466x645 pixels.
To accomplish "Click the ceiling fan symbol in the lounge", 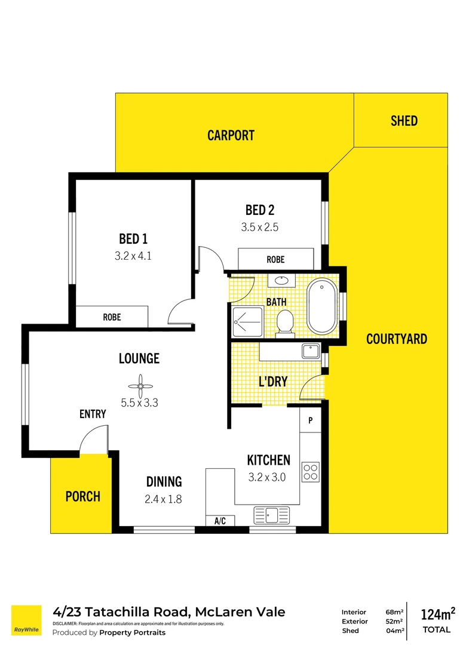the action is (x=140, y=386).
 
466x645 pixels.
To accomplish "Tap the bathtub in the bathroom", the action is (x=322, y=306).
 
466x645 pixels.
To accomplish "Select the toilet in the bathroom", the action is (x=285, y=324).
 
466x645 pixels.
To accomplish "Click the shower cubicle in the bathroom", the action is (x=247, y=322).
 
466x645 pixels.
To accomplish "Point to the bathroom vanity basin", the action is (x=282, y=281).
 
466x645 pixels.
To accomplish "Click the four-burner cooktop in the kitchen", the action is (x=311, y=472).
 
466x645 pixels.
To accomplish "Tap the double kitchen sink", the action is (x=272, y=515).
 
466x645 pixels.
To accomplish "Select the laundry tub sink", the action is (x=311, y=352).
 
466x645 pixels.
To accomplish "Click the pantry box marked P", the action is (x=311, y=420).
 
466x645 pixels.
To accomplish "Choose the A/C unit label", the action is (x=220, y=521).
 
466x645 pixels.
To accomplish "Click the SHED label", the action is (x=404, y=121).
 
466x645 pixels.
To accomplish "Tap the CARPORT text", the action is (x=231, y=136).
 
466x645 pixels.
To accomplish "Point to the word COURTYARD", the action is (x=397, y=339).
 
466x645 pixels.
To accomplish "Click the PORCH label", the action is (x=82, y=496).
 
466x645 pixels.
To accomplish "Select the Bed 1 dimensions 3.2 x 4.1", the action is (x=133, y=256).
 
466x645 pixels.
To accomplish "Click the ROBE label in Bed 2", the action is (x=275, y=260).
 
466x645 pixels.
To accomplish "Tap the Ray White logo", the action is (x=26, y=621).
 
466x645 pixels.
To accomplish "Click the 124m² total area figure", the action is (x=437, y=614).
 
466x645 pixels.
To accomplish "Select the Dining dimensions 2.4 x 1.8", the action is (x=164, y=499).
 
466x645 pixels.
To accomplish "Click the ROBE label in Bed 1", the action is (x=112, y=317).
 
